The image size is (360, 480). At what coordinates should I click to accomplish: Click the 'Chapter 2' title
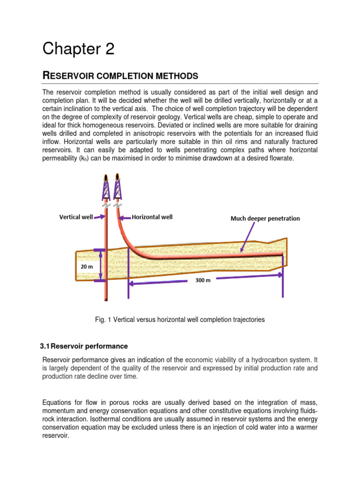click(x=78, y=49)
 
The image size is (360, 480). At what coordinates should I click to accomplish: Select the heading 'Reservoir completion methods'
click(x=120, y=75)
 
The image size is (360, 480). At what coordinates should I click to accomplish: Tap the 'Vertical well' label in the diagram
click(x=75, y=217)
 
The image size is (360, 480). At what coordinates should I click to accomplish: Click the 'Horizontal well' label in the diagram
click(x=152, y=217)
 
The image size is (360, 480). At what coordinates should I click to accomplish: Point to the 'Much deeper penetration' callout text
click(x=265, y=218)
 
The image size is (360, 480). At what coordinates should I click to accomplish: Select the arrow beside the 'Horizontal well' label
click(x=125, y=217)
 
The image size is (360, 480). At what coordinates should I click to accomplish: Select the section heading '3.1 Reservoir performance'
click(x=84, y=346)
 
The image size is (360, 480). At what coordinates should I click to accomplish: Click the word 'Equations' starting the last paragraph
click(x=58, y=402)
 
